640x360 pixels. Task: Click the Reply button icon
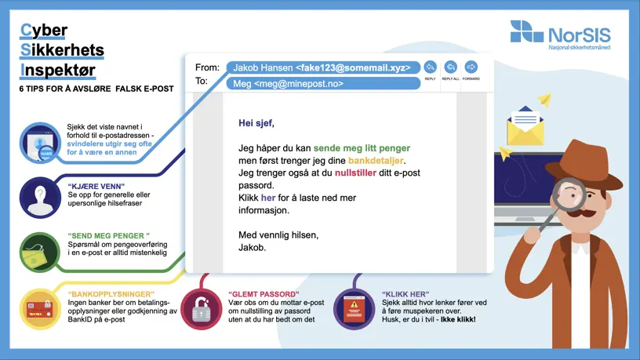tap(431, 67)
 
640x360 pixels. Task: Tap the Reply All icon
tap(451, 67)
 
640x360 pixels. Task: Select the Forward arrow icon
tap(471, 67)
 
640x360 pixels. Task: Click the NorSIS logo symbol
tap(526, 31)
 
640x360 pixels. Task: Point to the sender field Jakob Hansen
tap(323, 67)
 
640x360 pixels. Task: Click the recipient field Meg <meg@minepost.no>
tap(323, 84)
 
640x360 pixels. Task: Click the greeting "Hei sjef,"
tap(256, 123)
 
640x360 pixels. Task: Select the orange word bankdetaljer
tap(376, 161)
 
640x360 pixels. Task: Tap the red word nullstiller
tap(355, 173)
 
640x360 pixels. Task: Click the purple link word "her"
tap(268, 198)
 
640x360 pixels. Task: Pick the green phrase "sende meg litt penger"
tap(362, 148)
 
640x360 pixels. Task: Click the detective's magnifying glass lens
tap(569, 195)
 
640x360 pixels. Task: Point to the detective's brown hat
tap(584, 163)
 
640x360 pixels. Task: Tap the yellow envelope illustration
tap(525, 125)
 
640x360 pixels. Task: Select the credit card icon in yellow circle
tap(39, 309)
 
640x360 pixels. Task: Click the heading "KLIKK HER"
tap(405, 294)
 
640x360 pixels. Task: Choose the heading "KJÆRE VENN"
tap(96, 187)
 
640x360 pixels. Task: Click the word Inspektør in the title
tap(58, 70)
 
